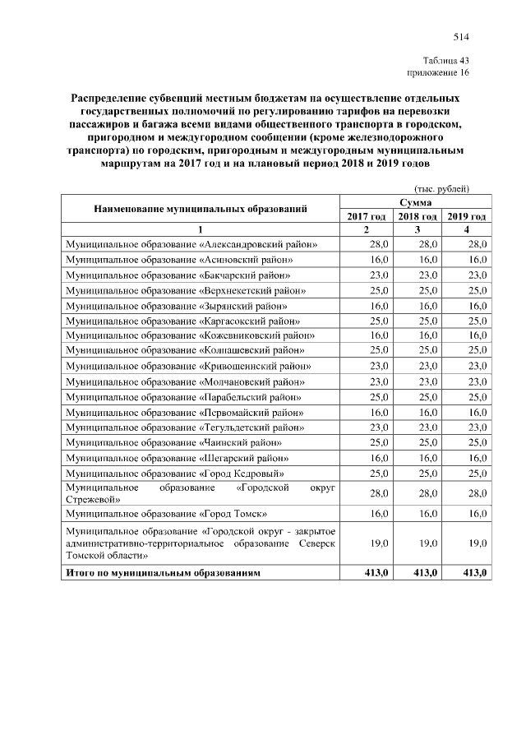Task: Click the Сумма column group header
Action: coord(416,201)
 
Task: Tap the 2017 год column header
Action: coord(366,215)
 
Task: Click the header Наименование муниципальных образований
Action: coord(201,209)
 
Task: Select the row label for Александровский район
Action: coord(191,245)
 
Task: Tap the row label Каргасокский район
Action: coord(182,320)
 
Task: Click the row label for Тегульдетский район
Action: coord(185,427)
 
